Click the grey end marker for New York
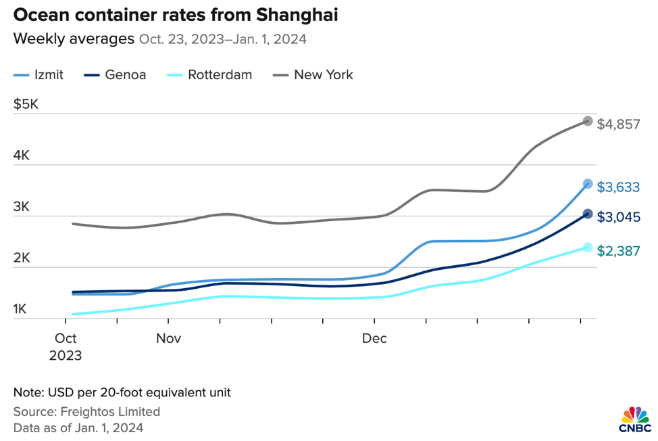point(588,121)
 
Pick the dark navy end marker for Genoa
point(588,214)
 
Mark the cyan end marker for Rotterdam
point(588,248)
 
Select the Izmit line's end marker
point(588,183)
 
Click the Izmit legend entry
point(39,75)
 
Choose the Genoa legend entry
point(116,75)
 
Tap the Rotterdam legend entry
point(210,75)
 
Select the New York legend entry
point(313,75)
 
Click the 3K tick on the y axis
point(22,207)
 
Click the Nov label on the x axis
point(168,338)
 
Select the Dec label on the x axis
point(374,338)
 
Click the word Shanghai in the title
point(295,14)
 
